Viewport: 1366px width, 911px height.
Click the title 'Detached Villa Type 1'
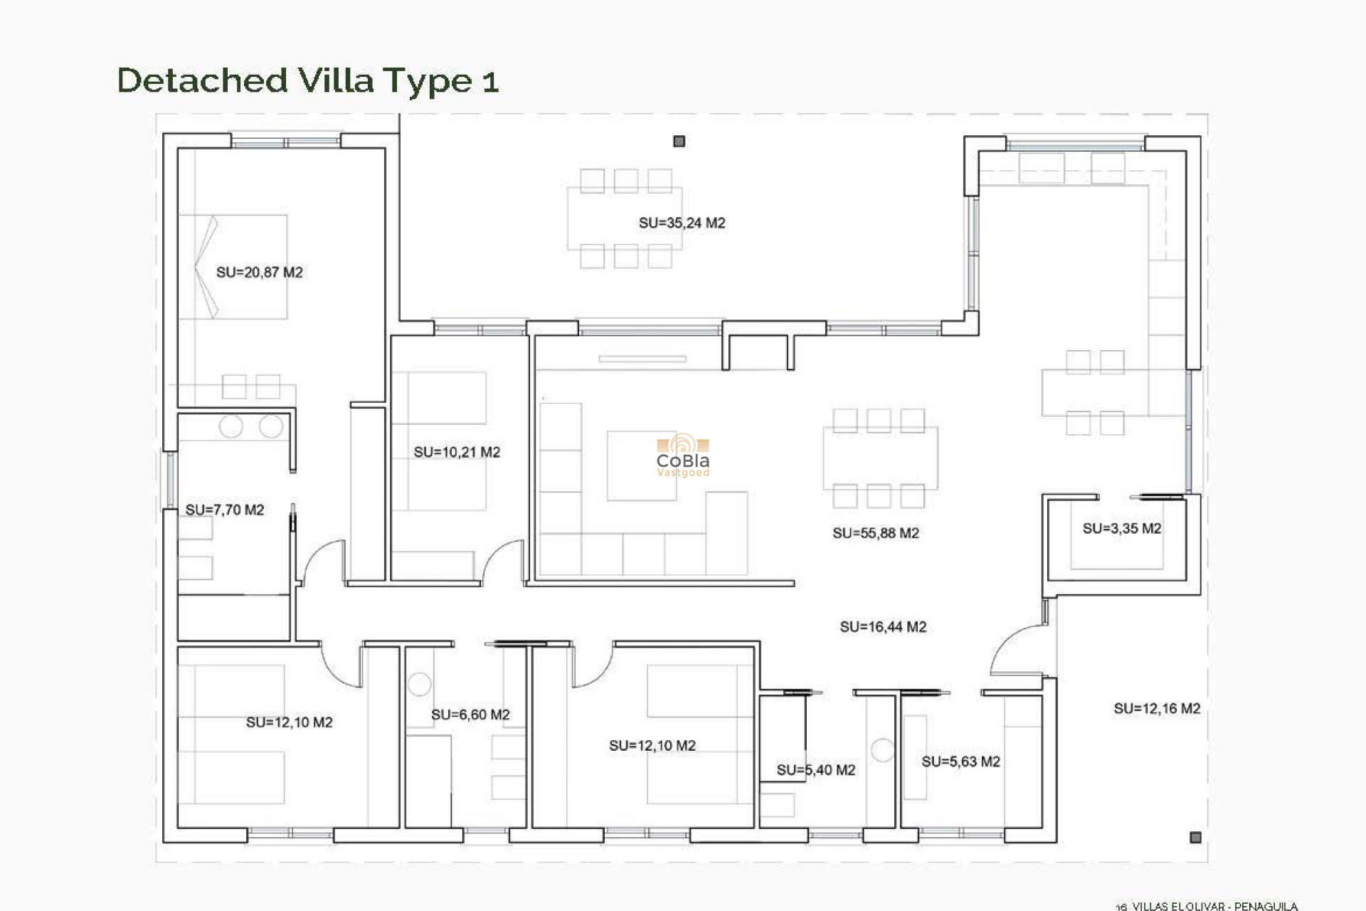pyautogui.click(x=307, y=80)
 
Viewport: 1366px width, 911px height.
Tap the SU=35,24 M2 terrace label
pyautogui.click(x=682, y=223)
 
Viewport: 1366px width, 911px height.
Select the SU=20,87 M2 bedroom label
pyautogui.click(x=259, y=272)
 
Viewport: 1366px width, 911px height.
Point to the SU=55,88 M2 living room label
pyautogui.click(x=875, y=533)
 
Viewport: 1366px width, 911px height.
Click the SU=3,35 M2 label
pyautogui.click(x=1121, y=528)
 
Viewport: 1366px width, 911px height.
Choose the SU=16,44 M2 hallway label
pyautogui.click(x=882, y=627)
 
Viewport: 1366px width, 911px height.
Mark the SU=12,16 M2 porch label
pyautogui.click(x=1157, y=708)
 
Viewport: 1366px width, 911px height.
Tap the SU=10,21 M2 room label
pyautogui.click(x=457, y=452)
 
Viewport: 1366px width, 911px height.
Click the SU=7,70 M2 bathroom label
pyautogui.click(x=224, y=510)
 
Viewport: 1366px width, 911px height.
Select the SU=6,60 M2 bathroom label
pyautogui.click(x=470, y=715)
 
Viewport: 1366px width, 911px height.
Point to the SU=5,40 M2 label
pyautogui.click(x=815, y=769)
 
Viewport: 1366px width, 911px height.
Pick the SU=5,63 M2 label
pyautogui.click(x=960, y=762)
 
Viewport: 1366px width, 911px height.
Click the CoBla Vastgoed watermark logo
pyautogui.click(x=682, y=456)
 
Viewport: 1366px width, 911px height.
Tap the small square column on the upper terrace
pyautogui.click(x=679, y=142)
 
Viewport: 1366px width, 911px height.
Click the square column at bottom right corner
pyautogui.click(x=1195, y=837)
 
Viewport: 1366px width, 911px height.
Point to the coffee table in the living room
pyautogui.click(x=640, y=465)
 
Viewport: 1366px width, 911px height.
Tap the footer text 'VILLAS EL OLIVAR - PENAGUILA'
pyautogui.click(x=1214, y=906)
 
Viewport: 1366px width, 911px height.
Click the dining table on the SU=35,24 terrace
pyautogui.click(x=625, y=218)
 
